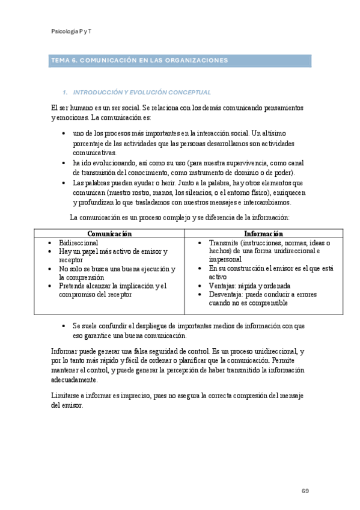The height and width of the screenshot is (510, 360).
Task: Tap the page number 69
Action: (x=305, y=491)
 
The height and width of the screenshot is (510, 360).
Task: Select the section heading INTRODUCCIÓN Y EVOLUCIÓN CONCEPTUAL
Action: (x=141, y=93)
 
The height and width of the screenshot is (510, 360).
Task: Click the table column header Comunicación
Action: (x=109, y=233)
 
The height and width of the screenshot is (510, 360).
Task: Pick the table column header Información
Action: (x=263, y=233)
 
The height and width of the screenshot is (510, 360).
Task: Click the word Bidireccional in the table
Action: (x=79, y=242)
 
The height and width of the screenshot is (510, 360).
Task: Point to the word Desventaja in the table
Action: (x=228, y=295)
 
